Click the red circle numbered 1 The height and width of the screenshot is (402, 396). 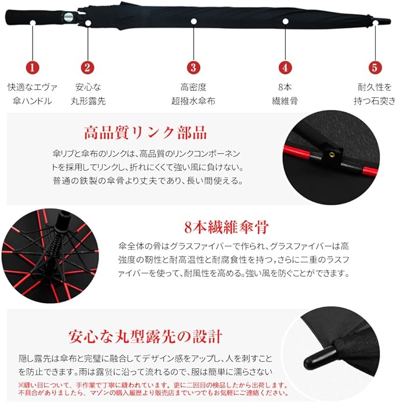(33, 67)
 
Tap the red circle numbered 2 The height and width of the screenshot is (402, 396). (87, 67)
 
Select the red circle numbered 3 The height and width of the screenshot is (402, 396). (193, 67)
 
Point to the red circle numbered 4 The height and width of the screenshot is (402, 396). (285, 67)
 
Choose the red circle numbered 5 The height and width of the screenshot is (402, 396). (374, 67)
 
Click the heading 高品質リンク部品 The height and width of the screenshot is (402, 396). (145, 132)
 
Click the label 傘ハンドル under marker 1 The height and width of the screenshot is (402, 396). (32, 101)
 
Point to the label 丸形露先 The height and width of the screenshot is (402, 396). (88, 101)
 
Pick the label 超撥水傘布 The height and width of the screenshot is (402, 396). (193, 101)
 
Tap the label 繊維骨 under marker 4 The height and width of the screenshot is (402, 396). (285, 101)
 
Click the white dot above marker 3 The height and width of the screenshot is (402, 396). (193, 22)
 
